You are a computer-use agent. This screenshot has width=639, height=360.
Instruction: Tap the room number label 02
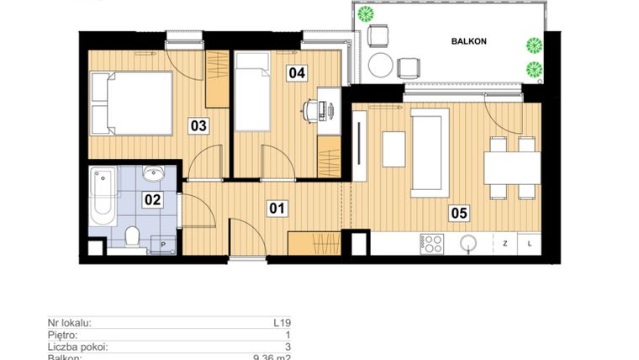pos(152,199)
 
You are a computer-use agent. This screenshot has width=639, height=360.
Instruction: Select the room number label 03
pos(198,126)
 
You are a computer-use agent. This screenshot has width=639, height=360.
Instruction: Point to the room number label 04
pos(296,72)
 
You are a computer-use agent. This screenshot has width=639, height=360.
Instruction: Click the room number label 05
pos(458,213)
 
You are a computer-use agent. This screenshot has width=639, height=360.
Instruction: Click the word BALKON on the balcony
pos(468,40)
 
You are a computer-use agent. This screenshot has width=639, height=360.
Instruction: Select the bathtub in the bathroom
pos(103,196)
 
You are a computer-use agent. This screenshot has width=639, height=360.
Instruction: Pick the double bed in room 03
pos(131,103)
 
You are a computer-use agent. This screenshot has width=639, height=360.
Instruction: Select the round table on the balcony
pos(381,65)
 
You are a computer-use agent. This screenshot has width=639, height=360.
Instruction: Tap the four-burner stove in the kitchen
pos(432,243)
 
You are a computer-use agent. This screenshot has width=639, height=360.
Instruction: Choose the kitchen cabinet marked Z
pos(505,243)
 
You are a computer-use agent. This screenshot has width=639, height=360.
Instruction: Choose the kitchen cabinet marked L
pos(530,243)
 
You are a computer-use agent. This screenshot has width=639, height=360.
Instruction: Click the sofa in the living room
pos(429,151)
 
